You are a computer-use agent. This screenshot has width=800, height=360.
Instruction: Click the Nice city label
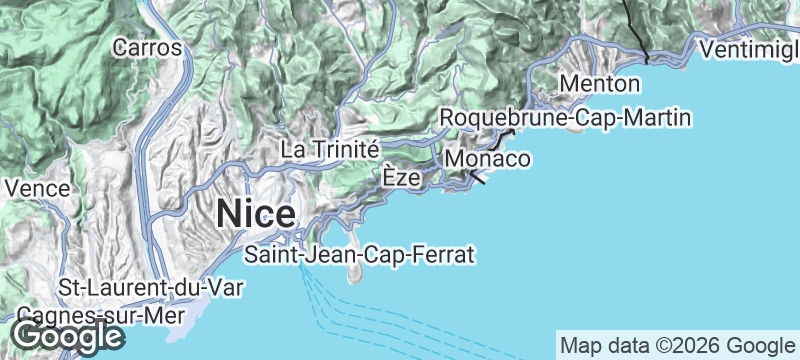click(256, 214)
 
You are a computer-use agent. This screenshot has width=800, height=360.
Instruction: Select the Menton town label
click(600, 82)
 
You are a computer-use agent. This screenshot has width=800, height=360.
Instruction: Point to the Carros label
click(147, 46)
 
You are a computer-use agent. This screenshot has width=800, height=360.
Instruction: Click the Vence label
click(37, 187)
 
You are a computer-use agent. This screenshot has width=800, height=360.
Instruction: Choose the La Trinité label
click(329, 148)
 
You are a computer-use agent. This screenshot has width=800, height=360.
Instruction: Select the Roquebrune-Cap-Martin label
click(566, 119)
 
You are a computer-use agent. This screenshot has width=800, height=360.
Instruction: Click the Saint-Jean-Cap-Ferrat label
click(359, 254)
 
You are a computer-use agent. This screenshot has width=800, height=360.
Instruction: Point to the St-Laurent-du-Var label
click(150, 288)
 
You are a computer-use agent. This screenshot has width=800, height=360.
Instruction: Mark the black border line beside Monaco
click(478, 178)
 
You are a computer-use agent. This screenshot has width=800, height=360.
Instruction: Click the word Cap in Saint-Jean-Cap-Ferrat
click(381, 254)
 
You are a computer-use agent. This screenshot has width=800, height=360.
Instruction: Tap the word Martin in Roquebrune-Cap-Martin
click(656, 119)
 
